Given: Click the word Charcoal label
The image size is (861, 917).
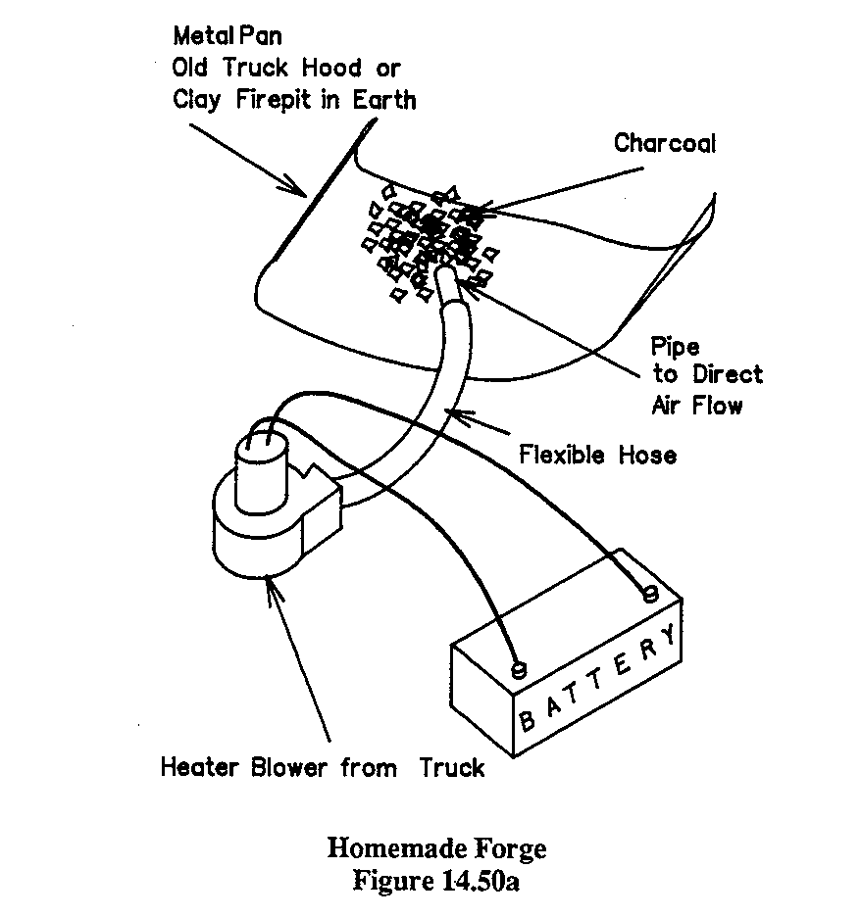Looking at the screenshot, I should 665,143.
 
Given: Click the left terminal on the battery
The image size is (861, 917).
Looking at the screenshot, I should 520,671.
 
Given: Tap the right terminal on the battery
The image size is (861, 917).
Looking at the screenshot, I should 649,594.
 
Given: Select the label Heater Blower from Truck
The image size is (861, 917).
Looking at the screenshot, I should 323,767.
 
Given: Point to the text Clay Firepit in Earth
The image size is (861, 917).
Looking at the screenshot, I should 293,99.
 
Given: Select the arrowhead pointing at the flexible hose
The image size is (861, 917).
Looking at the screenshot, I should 457,416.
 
